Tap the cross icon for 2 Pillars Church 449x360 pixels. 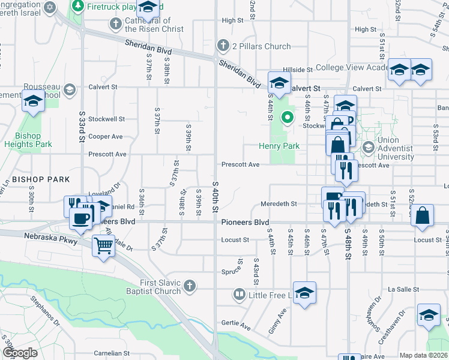(223, 46)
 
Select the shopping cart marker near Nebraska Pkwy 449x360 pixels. (104, 245)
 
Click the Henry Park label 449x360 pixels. (279, 146)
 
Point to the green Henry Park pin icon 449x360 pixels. (288, 118)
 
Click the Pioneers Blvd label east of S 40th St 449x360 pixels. (245, 222)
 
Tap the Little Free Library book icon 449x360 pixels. (239, 295)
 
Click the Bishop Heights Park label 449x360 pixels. (28, 140)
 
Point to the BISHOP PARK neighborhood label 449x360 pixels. (40, 179)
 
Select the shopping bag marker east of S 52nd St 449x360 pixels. (423, 215)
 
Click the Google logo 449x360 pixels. (20, 352)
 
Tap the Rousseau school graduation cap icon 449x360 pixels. (70, 89)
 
